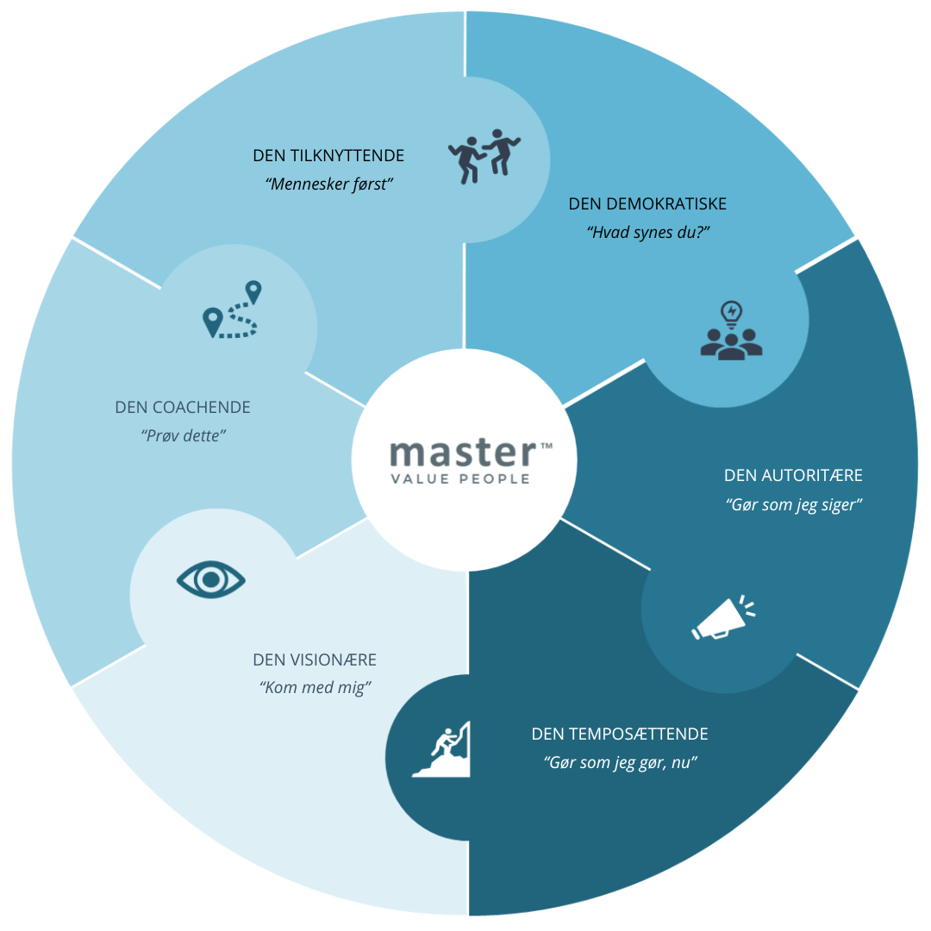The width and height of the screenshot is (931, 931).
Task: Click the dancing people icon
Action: click(x=485, y=155)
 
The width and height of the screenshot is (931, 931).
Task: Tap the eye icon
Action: click(x=211, y=579)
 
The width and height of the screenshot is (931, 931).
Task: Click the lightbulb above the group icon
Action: click(x=732, y=312)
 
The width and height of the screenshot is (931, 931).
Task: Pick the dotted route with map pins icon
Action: click(x=231, y=310)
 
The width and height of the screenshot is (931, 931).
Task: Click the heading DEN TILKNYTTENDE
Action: click(x=328, y=156)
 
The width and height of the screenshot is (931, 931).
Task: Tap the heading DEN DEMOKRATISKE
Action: click(x=647, y=204)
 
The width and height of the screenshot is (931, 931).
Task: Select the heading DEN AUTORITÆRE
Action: click(x=793, y=476)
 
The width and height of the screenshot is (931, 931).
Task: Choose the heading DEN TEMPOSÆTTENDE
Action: click(x=620, y=734)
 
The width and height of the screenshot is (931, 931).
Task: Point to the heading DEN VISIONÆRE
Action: click(x=315, y=660)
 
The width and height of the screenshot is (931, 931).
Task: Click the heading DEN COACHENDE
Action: click(x=183, y=408)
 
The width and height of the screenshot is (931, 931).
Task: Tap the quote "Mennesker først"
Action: click(x=329, y=184)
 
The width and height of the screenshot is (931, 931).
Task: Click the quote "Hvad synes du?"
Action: click(x=647, y=232)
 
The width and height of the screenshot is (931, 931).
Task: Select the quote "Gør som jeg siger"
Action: click(x=794, y=504)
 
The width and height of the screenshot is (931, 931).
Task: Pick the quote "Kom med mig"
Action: click(x=315, y=688)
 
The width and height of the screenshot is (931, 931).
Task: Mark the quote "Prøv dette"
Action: click(x=183, y=435)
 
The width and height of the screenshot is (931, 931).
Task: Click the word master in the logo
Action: click(x=462, y=453)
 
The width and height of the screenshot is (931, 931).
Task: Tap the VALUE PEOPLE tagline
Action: click(x=459, y=479)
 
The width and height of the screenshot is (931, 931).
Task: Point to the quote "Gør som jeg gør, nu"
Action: click(x=620, y=763)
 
